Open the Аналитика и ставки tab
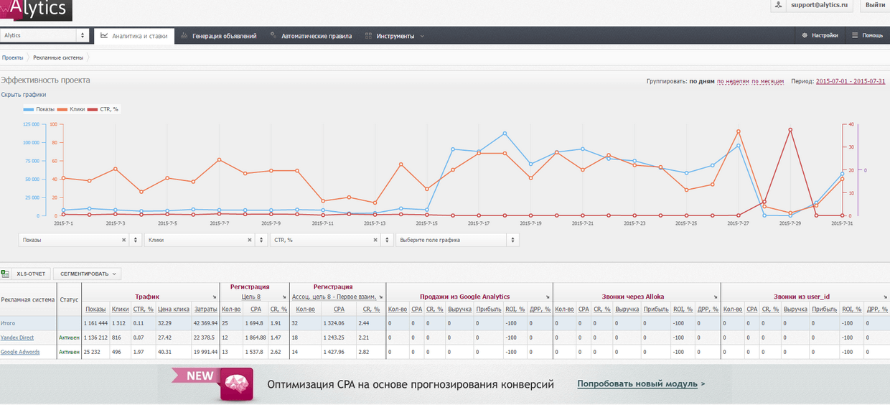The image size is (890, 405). coord(134,36)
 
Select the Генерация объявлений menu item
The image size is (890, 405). coord(219,36)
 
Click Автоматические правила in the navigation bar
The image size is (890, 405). coord(311,36)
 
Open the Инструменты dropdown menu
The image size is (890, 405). coord(395,36)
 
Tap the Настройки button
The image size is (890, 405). coord(820,35)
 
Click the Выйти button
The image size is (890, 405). coord(875,5)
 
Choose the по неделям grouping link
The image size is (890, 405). coord(733,81)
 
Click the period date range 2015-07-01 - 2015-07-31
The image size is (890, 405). coord(851,81)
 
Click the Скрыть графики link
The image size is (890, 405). coord(24,95)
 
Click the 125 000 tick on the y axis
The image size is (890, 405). coord(30,124)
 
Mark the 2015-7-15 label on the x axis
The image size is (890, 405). coord(426,223)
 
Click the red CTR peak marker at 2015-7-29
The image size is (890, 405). coord(790,130)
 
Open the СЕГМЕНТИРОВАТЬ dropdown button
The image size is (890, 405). coord(87,274)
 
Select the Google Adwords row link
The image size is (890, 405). coord(21,352)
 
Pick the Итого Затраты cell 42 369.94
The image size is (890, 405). coord(205,323)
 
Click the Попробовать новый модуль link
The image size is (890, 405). coord(637,384)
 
